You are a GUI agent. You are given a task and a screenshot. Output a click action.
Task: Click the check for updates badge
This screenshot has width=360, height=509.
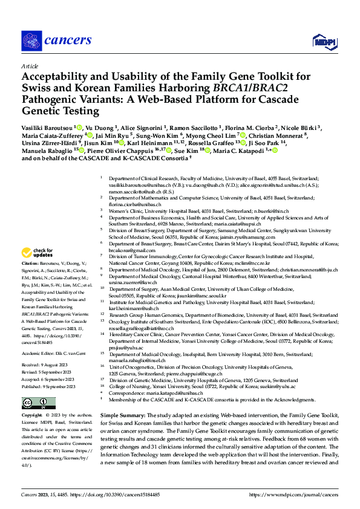click(x=37, y=253)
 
